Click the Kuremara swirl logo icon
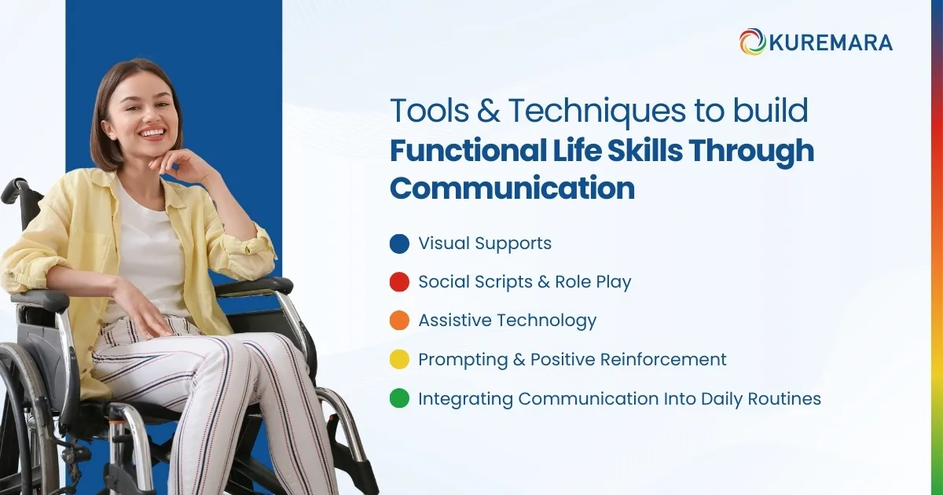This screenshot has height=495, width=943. pyautogui.click(x=752, y=42)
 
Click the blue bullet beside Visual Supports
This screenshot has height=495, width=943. pyautogui.click(x=399, y=244)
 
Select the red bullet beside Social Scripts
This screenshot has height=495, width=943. pyautogui.click(x=399, y=282)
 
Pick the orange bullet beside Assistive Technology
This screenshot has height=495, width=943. pyautogui.click(x=399, y=321)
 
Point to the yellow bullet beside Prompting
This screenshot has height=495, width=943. pyautogui.click(x=399, y=360)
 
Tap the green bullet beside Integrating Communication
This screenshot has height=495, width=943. pyautogui.click(x=399, y=398)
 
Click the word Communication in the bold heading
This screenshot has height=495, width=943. pyautogui.click(x=512, y=189)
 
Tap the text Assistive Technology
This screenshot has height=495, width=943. pyautogui.click(x=507, y=321)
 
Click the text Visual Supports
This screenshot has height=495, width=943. pyautogui.click(x=485, y=244)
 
